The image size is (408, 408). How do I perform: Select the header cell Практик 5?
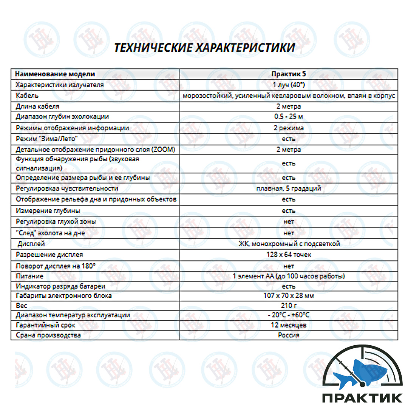coord(289,74)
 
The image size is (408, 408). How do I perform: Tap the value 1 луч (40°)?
coord(289,85)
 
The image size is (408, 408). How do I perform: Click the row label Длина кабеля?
coord(37,107)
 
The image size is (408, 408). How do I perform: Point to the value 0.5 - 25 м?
coord(289,117)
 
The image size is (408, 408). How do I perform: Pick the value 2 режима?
coord(289,128)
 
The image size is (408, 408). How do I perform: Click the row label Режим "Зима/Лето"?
coord(46,139)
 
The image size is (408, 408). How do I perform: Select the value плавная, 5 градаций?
coord(289,189)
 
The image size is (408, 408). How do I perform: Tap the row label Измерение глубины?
coord(48,211)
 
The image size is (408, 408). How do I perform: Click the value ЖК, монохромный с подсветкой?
coord(289,244)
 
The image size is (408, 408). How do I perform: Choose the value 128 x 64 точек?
coord(289,255)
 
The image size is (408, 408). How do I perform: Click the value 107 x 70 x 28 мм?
coord(289,296)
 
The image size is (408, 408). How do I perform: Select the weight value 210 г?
coord(289,306)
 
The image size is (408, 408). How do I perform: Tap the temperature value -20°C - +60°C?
coord(289,315)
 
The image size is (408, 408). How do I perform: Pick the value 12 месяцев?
coord(289,325)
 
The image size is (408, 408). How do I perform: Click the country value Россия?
coord(289,335)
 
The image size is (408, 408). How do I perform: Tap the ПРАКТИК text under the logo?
coord(362,398)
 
